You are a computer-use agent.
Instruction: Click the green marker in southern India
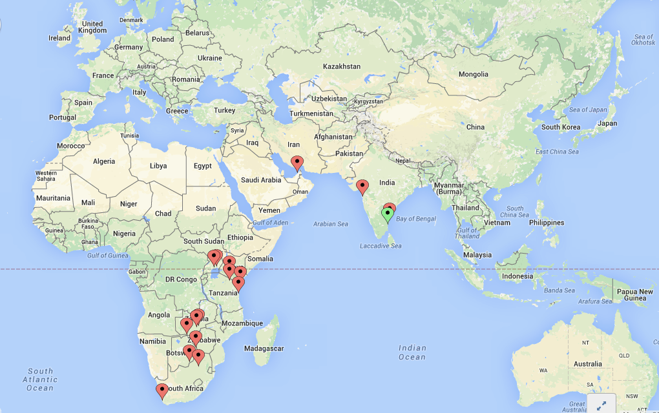388,213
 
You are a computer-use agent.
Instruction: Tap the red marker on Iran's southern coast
297,162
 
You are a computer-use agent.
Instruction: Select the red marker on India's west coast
362,186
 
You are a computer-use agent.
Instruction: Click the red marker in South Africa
162,390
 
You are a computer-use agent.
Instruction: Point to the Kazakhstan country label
341,66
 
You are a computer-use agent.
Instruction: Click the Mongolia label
473,74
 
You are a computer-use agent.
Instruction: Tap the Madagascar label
264,348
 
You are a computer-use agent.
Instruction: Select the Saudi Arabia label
261,180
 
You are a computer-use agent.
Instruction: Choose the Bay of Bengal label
415,219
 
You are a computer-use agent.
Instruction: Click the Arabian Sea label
331,224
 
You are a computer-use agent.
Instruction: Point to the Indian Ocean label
412,352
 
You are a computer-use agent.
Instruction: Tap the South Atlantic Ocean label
40,379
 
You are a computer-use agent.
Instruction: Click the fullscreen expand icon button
601,405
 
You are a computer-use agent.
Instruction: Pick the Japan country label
607,123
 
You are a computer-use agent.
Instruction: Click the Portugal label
63,117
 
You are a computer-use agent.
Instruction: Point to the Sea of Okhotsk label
643,40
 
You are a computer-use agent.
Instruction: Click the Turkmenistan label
312,114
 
